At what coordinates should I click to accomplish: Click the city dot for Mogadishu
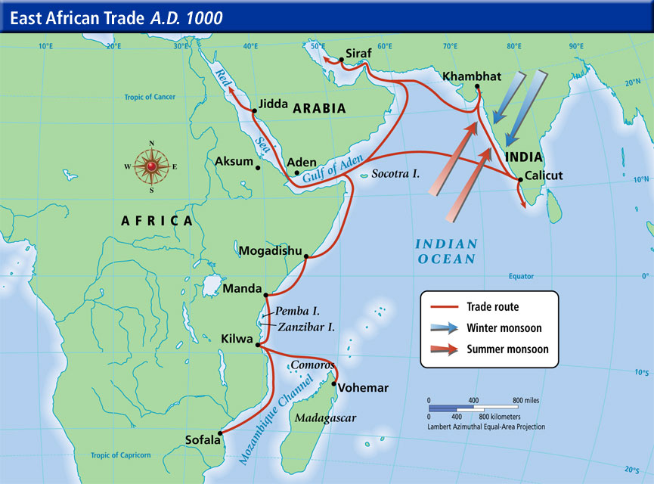point(305,257)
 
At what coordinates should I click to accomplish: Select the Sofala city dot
point(221,433)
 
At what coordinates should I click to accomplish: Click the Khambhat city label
point(470,77)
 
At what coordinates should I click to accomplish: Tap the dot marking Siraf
point(338,60)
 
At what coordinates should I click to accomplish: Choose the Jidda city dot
point(254,111)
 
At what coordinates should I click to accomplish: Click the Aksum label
point(234,161)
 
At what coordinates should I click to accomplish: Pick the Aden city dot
point(287,172)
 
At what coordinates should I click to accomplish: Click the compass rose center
point(152,166)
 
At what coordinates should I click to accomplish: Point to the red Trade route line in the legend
point(445,307)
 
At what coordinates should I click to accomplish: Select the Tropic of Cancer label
point(150,97)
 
